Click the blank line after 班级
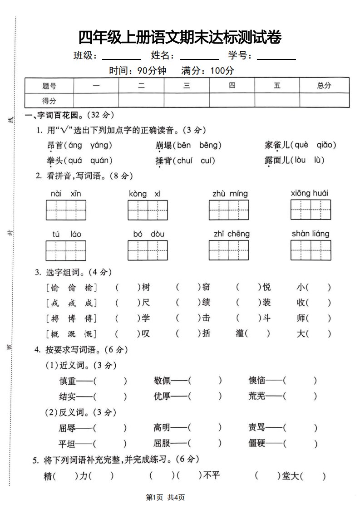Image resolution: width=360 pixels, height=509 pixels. pyautogui.click(x=121, y=58)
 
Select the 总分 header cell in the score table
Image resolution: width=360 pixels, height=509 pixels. pyautogui.click(x=324, y=85)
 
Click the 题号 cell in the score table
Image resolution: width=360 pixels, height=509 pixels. pyautogui.click(x=49, y=85)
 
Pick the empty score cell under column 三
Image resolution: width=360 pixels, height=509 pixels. pyautogui.click(x=187, y=100)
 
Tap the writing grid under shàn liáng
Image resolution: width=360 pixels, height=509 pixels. pyautogui.click(x=311, y=250)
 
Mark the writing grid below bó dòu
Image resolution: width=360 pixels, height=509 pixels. pyautogui.click(x=148, y=250)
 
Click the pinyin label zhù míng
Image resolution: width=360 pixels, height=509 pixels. pyautogui.click(x=230, y=194)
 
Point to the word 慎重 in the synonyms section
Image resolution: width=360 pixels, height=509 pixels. pyautogui.click(x=68, y=381)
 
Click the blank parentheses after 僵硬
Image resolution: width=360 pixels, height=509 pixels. pyautogui.click(x=300, y=443)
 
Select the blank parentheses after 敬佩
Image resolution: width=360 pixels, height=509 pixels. pyautogui.click(x=205, y=381)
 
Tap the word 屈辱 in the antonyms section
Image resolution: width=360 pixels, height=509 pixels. pyautogui.click(x=68, y=427)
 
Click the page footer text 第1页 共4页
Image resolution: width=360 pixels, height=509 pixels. pyautogui.click(x=165, y=497)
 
